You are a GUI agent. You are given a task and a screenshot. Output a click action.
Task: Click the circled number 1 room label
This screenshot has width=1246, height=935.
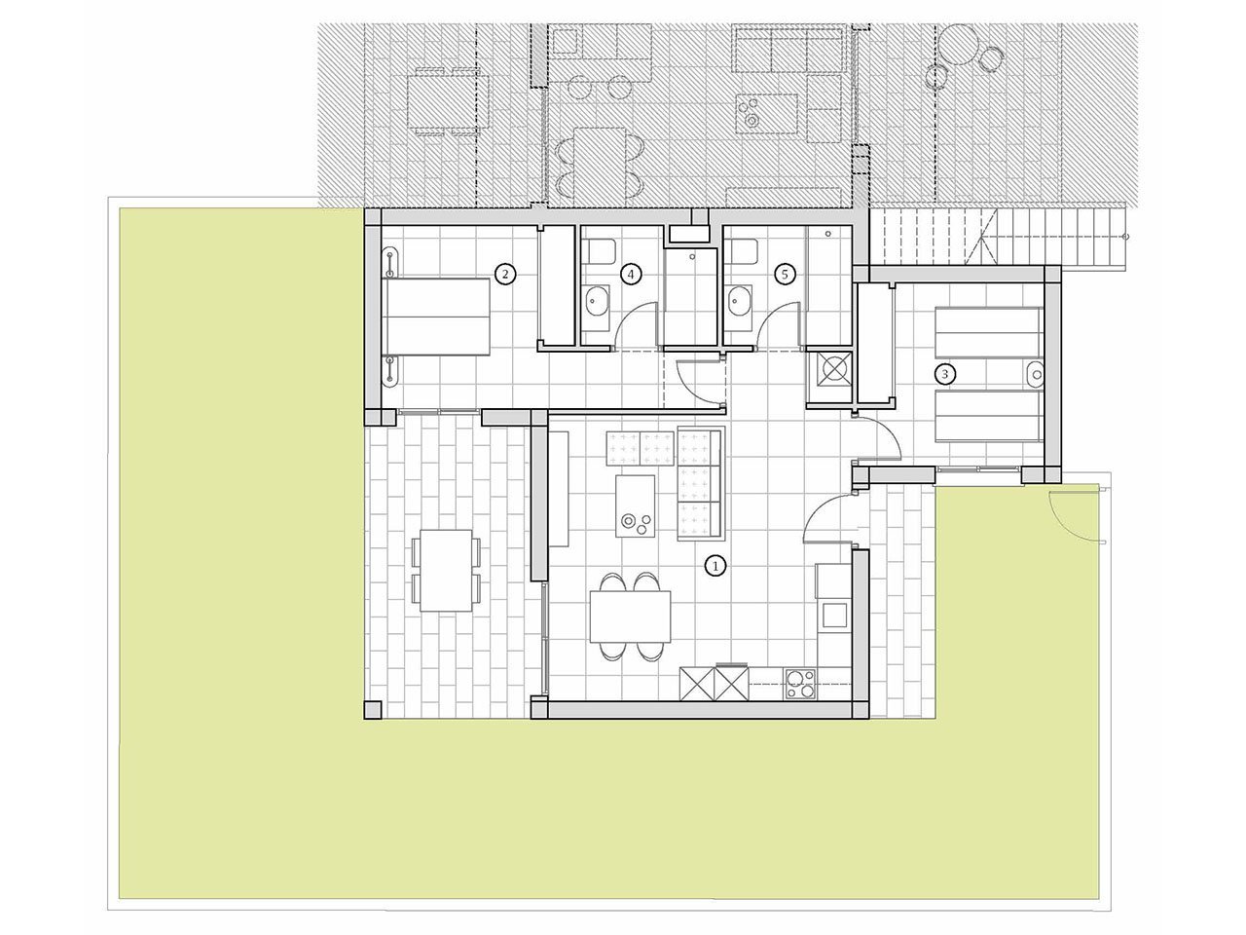(715, 565)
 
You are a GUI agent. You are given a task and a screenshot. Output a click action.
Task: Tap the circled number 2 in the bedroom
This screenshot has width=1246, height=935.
(503, 275)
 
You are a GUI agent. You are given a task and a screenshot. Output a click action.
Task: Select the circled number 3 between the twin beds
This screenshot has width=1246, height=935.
(942, 373)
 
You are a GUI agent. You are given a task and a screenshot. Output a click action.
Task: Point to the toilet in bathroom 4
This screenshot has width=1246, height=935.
(598, 252)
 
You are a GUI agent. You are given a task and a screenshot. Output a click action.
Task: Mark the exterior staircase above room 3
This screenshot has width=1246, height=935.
(1003, 237)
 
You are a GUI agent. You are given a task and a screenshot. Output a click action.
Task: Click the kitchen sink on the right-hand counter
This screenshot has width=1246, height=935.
(834, 615)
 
